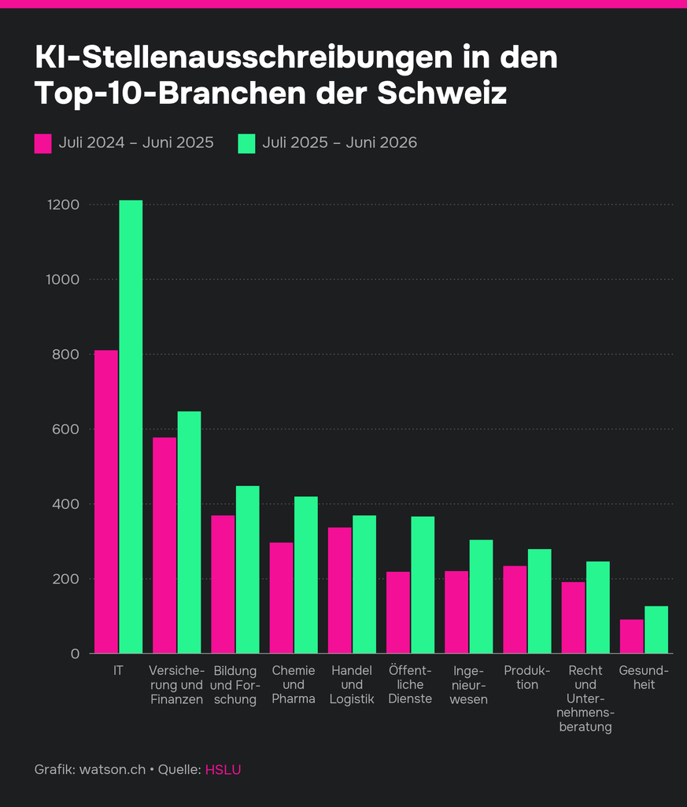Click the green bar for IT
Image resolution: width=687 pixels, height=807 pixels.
[131, 426]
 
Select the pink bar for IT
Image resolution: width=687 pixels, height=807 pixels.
[106, 502]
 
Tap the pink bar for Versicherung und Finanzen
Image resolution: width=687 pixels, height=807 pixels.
[164, 546]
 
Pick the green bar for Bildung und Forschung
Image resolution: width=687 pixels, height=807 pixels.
[248, 569]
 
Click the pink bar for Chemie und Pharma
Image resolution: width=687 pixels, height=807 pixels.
[281, 598]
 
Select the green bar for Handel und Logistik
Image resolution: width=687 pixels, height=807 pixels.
[364, 584]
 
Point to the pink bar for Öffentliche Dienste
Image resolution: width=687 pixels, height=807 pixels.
[398, 613]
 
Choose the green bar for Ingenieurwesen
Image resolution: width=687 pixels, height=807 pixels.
[481, 596]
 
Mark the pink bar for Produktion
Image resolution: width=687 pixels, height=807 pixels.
[515, 610]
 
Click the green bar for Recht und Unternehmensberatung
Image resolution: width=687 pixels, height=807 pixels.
[598, 607]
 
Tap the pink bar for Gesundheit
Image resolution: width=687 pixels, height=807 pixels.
[632, 636]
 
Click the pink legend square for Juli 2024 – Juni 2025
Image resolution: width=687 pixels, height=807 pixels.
[43, 144]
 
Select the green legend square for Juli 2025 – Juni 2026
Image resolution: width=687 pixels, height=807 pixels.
[246, 144]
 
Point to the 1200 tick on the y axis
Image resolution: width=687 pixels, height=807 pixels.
[63, 205]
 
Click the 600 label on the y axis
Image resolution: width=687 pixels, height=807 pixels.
[65, 429]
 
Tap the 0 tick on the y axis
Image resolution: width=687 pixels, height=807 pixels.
[76, 654]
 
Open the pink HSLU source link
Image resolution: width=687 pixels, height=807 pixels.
[223, 769]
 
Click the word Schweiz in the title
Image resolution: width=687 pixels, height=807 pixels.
[442, 93]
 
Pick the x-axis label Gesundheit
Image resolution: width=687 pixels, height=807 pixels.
[644, 677]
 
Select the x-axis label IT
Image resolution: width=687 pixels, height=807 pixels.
[119, 670]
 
